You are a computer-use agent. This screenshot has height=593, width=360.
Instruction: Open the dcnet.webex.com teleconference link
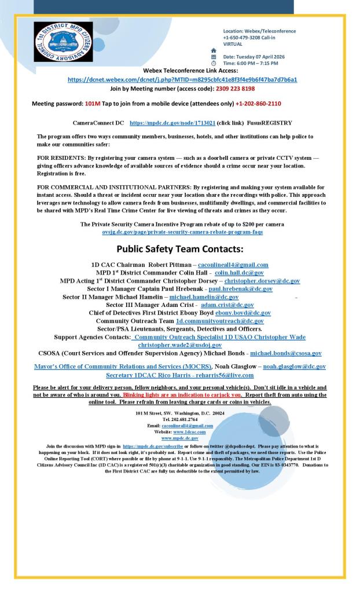[182, 79]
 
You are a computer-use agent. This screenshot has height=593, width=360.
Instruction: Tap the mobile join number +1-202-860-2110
[259, 104]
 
